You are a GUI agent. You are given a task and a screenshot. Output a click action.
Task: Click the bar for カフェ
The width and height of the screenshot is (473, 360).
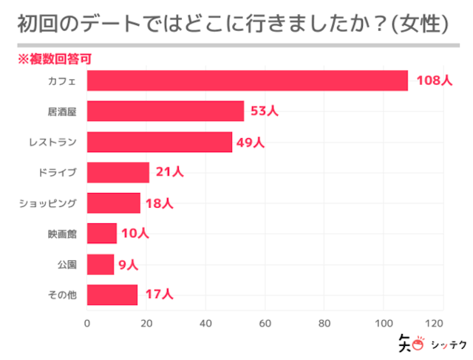[248, 81]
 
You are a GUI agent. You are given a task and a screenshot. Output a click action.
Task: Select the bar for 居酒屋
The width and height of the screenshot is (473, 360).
[166, 111]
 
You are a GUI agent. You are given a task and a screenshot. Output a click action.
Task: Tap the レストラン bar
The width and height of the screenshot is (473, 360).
[160, 142]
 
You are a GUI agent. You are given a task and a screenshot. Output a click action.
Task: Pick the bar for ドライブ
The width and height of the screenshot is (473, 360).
[118, 172]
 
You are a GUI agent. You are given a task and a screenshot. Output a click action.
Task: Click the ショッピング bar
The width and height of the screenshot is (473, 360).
[114, 203]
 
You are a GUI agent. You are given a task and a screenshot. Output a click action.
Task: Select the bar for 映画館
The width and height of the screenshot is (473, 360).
[102, 234]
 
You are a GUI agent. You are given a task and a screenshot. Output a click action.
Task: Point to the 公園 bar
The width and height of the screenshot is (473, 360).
[101, 264]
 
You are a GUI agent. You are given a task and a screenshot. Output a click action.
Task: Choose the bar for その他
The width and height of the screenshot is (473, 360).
[112, 294]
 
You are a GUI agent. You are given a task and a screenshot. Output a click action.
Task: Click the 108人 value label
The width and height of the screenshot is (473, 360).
[433, 81]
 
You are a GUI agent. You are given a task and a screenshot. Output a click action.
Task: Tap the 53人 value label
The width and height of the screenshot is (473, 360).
[264, 111]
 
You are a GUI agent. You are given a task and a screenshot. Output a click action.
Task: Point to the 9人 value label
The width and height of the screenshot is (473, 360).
[128, 264]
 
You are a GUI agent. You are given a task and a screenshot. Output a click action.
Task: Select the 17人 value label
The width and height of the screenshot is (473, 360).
[159, 294]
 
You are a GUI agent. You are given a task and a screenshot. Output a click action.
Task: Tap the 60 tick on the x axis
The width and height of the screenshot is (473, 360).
[265, 322]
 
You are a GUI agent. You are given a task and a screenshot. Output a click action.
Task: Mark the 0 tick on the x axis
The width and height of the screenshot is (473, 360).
[87, 322]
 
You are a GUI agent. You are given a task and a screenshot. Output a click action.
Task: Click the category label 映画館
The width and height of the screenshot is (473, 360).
[62, 234]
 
